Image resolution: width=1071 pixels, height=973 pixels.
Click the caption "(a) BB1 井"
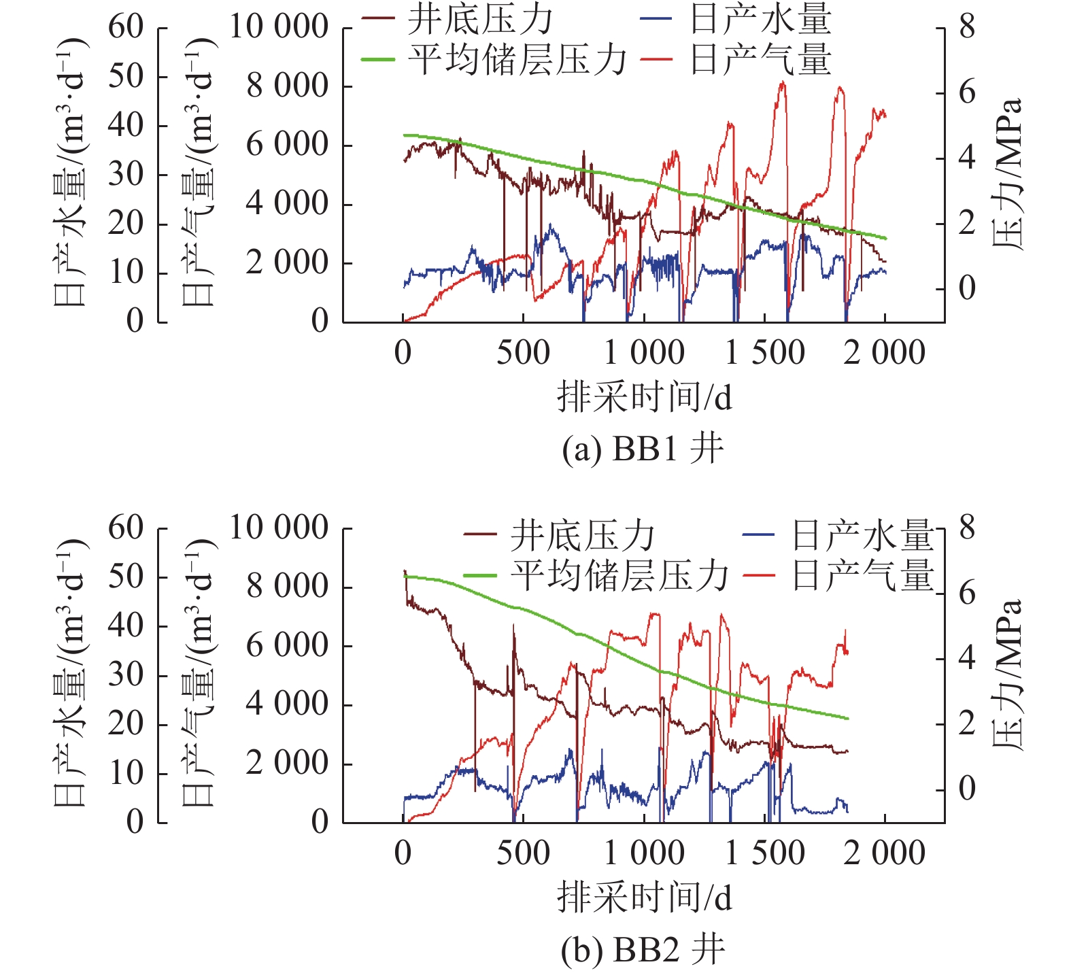(643, 449)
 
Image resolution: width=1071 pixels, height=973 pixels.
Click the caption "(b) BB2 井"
(643, 950)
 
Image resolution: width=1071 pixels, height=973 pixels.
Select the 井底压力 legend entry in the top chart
(480, 20)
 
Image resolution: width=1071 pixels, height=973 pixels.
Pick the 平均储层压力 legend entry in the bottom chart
(618, 575)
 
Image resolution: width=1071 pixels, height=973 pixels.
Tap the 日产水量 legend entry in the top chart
(760, 20)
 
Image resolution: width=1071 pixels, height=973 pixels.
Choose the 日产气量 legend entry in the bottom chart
(862, 575)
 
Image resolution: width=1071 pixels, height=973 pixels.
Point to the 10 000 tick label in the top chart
(279, 27)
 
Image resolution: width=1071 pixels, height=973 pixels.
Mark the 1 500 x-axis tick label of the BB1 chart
(765, 353)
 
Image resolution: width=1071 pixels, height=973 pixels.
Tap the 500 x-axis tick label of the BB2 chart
(523, 853)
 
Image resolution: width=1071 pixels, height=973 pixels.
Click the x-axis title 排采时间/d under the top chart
(644, 397)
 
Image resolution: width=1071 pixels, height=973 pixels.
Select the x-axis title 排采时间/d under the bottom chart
(644, 898)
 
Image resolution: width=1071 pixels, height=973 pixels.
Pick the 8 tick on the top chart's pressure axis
(967, 28)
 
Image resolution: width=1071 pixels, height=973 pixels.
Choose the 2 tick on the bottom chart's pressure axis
(967, 723)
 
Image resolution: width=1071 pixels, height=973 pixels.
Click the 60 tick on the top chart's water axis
(126, 27)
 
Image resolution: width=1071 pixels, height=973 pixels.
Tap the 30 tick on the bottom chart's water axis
(126, 675)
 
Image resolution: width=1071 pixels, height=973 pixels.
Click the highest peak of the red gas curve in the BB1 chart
(783, 83)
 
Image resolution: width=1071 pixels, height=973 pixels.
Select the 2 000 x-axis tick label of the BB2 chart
(884, 853)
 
